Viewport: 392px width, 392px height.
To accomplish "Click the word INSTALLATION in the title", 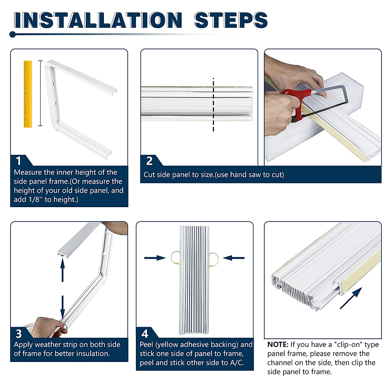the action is [x=98, y=20].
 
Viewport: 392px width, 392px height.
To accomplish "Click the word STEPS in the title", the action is [x=231, y=20].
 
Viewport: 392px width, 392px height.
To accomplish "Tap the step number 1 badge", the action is [x=19, y=161].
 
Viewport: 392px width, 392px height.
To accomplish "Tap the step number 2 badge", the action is [x=149, y=161].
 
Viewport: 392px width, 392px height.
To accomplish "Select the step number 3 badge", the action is [x=19, y=334].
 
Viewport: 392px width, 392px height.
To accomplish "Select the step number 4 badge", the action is [x=145, y=334].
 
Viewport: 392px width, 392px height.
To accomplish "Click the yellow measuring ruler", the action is [x=28, y=94].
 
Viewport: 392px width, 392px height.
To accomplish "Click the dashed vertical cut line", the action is [x=213, y=105].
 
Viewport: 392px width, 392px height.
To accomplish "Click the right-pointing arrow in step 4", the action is [x=155, y=258].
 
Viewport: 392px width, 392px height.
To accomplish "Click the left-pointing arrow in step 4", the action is [x=234, y=258].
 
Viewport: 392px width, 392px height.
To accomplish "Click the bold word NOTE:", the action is [x=278, y=344].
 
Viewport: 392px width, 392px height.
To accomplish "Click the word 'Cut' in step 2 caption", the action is [x=149, y=175].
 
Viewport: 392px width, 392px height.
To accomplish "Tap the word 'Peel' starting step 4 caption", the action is [x=146, y=344].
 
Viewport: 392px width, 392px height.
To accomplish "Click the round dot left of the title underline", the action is [x=13, y=34].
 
